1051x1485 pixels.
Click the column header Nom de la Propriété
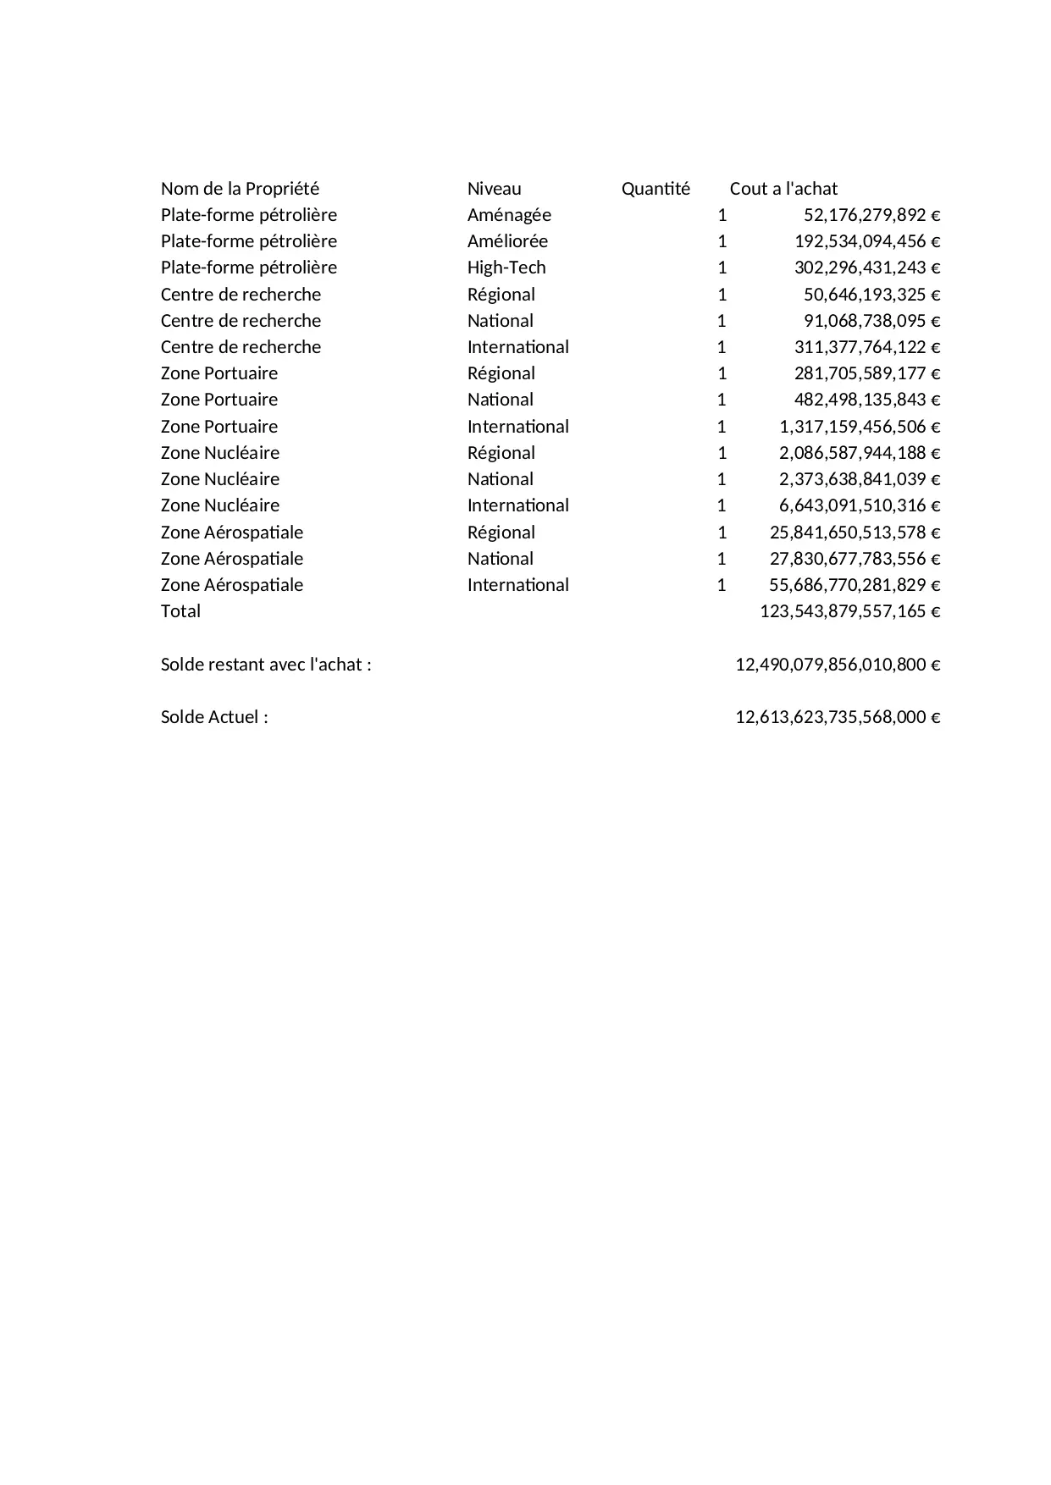(x=240, y=189)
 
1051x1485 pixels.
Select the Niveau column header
(x=494, y=189)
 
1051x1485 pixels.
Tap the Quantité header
(x=655, y=189)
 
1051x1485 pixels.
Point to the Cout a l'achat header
(x=783, y=189)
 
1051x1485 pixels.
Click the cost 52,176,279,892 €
(x=871, y=215)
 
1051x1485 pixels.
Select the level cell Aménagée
(x=509, y=215)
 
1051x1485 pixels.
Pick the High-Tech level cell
(x=506, y=268)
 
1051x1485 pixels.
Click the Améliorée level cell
(x=507, y=241)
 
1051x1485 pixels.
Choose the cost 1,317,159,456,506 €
(x=860, y=427)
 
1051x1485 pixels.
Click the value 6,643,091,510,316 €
(x=860, y=505)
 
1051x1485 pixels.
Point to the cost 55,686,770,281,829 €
(x=855, y=585)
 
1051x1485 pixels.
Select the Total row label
(x=180, y=611)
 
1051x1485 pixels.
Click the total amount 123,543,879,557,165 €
(x=850, y=611)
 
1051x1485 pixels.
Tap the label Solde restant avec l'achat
(x=266, y=665)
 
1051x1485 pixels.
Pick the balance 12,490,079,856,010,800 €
(x=838, y=665)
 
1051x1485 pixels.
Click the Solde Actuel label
(x=214, y=717)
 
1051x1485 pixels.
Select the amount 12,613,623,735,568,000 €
(x=838, y=717)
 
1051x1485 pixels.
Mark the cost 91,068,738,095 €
(x=871, y=321)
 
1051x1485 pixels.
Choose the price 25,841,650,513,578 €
(x=855, y=533)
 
